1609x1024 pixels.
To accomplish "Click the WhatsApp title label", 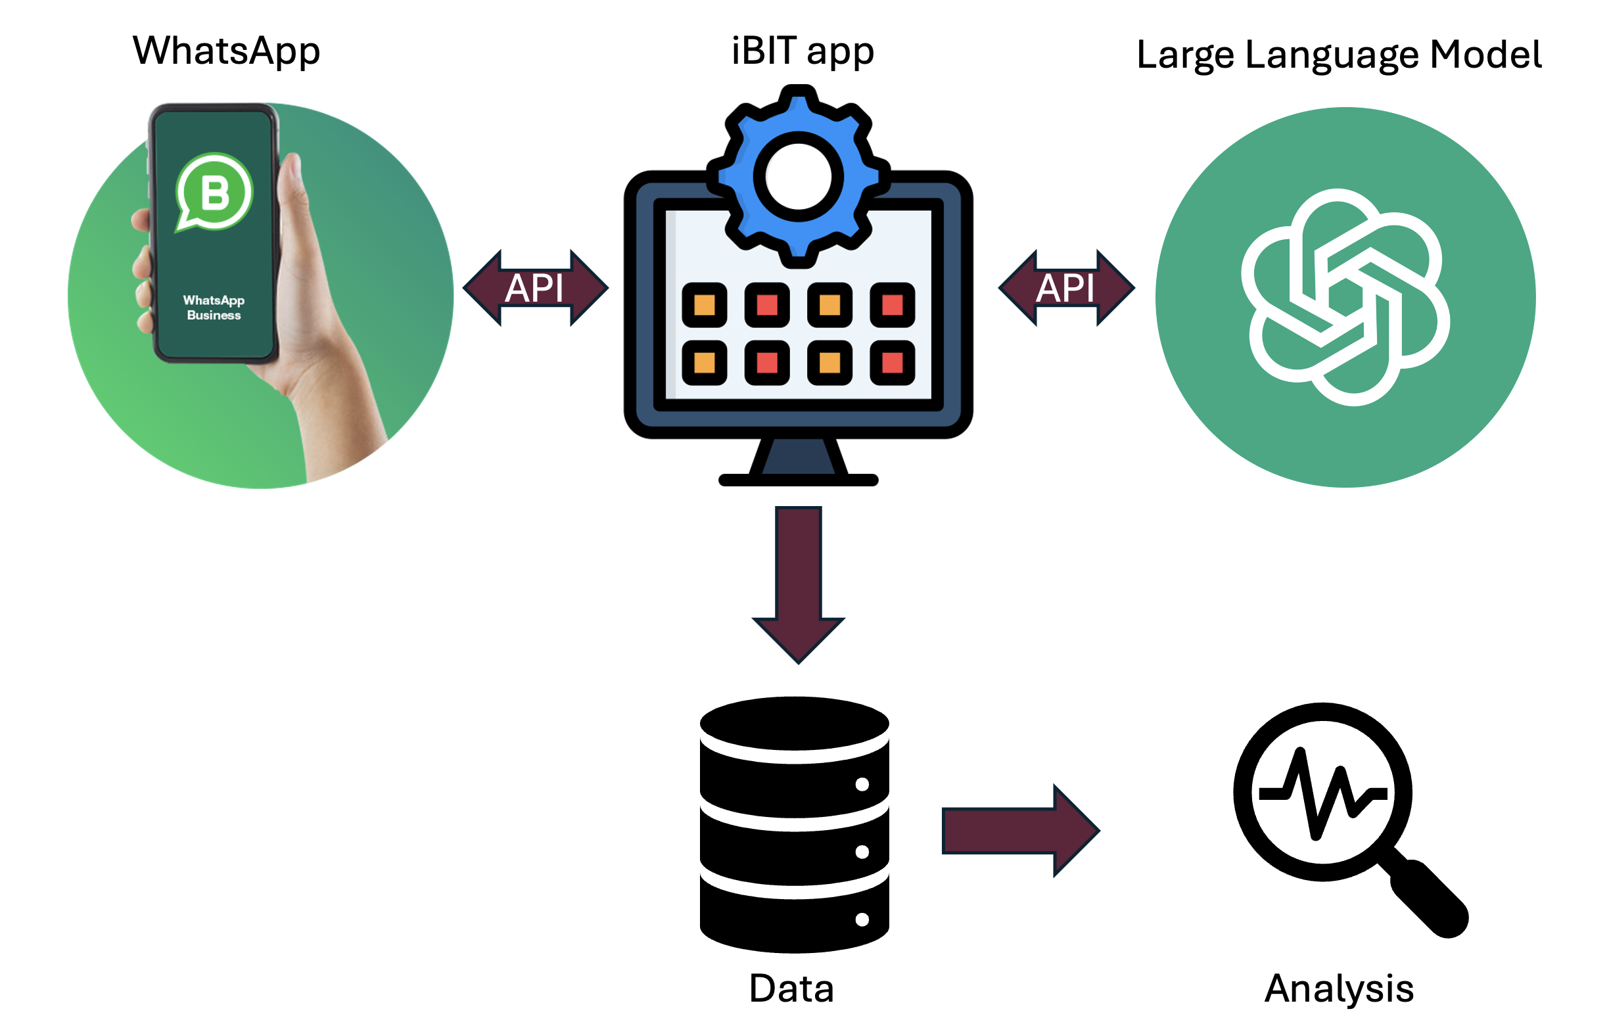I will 227,51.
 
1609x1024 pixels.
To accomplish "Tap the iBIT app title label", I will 803,51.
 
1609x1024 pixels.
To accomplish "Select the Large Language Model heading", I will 1339,55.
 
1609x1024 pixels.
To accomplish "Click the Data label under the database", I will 792,989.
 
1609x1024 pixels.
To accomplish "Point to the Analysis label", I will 1339,989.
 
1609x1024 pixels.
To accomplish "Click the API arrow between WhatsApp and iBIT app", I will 535,288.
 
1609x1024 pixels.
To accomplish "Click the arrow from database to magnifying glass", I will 1019,830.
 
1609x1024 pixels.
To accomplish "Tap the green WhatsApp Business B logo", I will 214,193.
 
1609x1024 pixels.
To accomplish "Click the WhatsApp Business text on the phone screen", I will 214,308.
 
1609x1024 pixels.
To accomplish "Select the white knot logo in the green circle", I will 1345,297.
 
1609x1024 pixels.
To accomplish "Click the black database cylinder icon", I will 795,825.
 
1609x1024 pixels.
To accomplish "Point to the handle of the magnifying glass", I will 1430,898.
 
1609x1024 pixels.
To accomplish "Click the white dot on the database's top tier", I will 862,784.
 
